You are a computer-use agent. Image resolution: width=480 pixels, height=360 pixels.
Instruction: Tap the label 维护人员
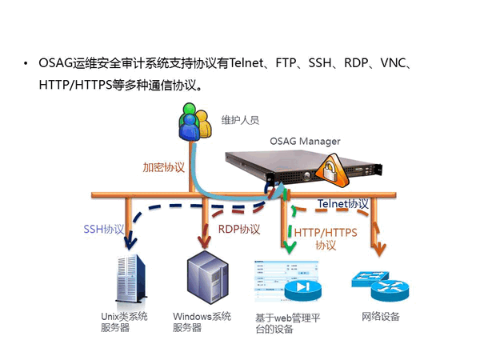[241, 121]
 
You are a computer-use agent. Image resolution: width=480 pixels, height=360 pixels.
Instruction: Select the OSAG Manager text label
[304, 142]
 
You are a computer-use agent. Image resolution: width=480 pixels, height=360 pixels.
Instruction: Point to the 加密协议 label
[164, 168]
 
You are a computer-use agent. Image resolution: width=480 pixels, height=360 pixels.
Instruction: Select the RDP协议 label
[239, 229]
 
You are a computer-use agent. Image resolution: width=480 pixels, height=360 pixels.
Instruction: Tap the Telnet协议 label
[343, 204]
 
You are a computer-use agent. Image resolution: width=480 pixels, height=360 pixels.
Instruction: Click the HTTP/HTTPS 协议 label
[326, 238]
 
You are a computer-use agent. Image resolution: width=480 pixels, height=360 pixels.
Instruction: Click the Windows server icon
[203, 276]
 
